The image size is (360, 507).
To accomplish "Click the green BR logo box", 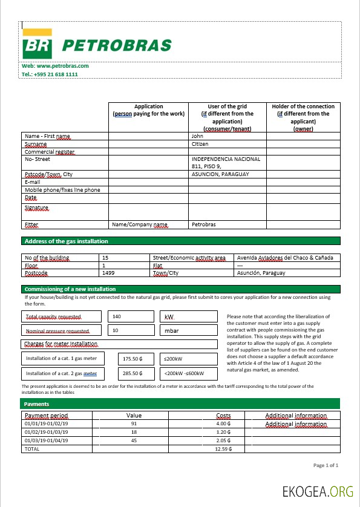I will pyautogui.click(x=38, y=44).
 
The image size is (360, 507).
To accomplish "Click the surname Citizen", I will pyautogui.click(x=200, y=144).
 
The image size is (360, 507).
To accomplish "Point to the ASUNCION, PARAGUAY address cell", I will pyautogui.click(x=220, y=174).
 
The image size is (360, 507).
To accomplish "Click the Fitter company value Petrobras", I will pyautogui.click(x=204, y=224).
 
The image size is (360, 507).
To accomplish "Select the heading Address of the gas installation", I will pyautogui.click(x=66, y=241).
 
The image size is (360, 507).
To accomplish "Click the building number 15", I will pyautogui.click(x=106, y=257).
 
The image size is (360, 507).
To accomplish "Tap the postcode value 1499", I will pyautogui.click(x=109, y=273).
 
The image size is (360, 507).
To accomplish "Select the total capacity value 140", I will pyautogui.click(x=117, y=316).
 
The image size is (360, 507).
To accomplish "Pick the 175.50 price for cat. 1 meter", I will pyautogui.click(x=131, y=359).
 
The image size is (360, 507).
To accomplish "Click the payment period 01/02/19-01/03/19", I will pyautogui.click(x=46, y=433).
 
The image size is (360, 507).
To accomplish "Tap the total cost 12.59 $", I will pyautogui.click(x=224, y=449).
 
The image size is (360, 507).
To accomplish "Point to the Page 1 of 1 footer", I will pyautogui.click(x=326, y=465).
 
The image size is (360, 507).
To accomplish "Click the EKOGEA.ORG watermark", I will pyautogui.click(x=318, y=491).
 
